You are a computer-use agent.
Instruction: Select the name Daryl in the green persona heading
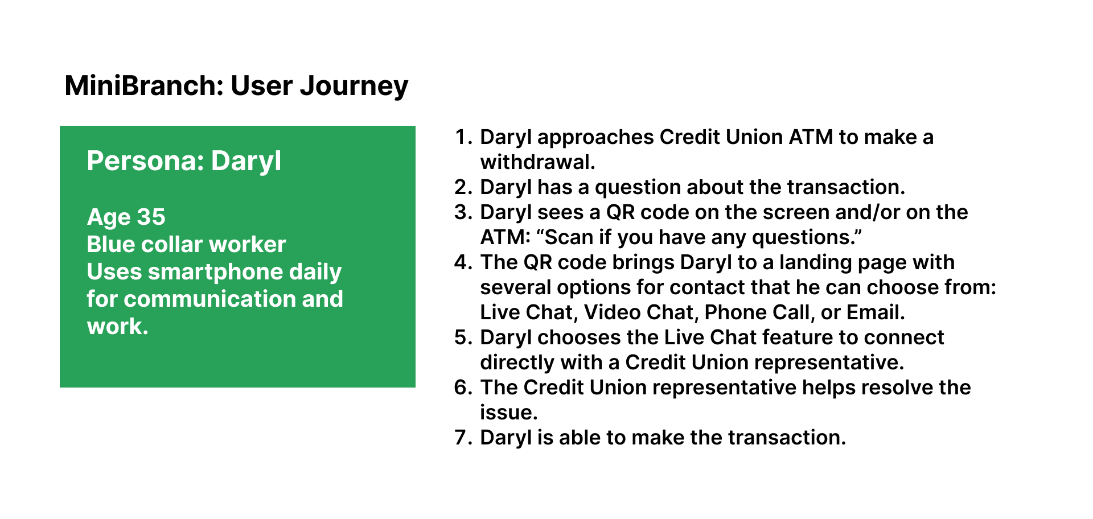point(246,162)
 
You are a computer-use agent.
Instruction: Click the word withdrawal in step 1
point(537,162)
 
